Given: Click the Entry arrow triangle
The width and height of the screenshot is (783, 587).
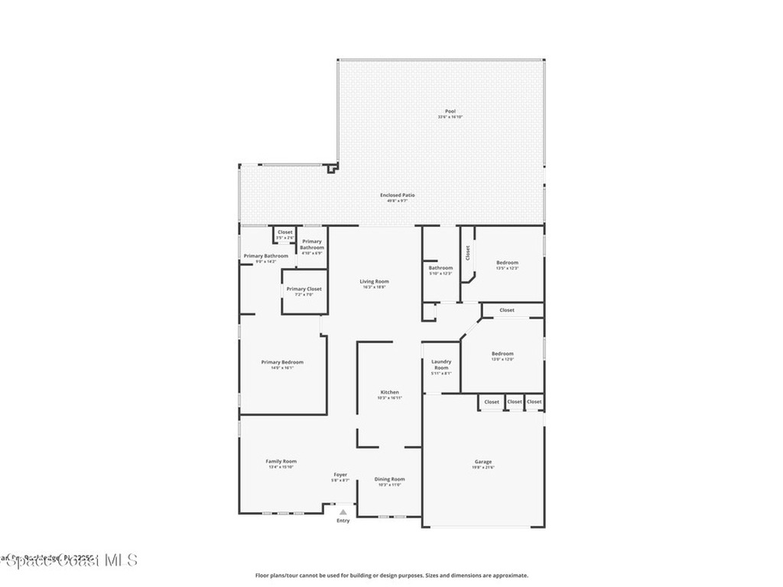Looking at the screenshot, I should click(343, 513).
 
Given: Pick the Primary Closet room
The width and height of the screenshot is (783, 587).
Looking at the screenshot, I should click(304, 290).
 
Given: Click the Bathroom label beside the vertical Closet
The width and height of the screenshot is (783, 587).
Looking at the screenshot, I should click(440, 269).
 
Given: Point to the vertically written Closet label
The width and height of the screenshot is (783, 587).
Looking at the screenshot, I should click(467, 252).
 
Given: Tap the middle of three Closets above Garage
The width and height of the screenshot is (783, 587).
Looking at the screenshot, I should click(515, 402).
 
